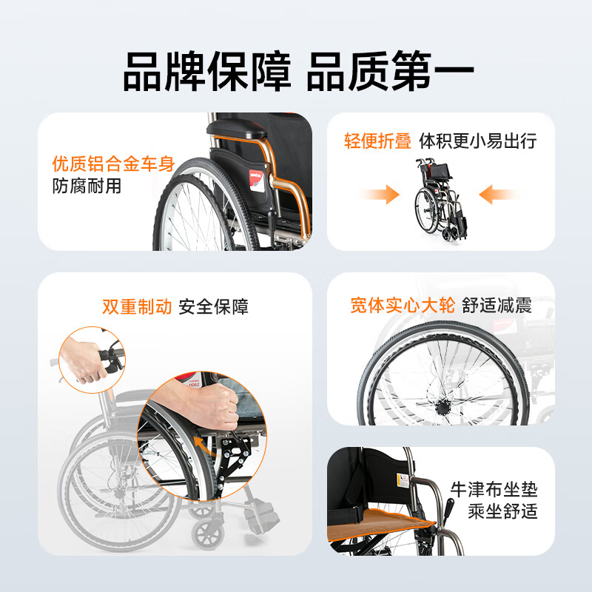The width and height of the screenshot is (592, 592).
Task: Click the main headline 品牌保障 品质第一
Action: pyautogui.click(x=298, y=71)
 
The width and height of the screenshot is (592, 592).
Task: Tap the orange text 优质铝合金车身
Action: pyautogui.click(x=114, y=164)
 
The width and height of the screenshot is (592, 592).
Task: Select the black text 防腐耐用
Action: pyautogui.click(x=87, y=186)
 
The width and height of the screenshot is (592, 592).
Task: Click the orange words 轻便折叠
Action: pyautogui.click(x=377, y=141)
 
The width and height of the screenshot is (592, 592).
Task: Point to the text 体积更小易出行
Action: pyautogui.click(x=478, y=141)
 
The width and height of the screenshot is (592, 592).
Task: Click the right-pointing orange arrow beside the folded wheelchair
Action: pyautogui.click(x=380, y=195)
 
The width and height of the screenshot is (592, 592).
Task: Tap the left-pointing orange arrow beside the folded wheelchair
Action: pyautogui.click(x=499, y=195)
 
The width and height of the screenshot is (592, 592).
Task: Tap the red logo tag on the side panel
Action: pyautogui.click(x=257, y=181)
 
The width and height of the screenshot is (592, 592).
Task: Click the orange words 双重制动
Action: pyautogui.click(x=137, y=306)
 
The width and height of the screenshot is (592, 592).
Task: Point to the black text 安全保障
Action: pyautogui.click(x=214, y=306)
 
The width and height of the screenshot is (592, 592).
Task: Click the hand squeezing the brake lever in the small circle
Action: pyautogui.click(x=83, y=362)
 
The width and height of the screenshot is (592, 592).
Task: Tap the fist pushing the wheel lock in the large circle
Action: pyautogui.click(x=209, y=403)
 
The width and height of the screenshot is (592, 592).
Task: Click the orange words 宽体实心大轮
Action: pyautogui.click(x=403, y=305)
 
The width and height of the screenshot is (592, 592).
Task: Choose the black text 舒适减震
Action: pyautogui.click(x=497, y=305)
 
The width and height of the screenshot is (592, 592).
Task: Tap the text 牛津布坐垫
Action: pyautogui.click(x=494, y=489)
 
